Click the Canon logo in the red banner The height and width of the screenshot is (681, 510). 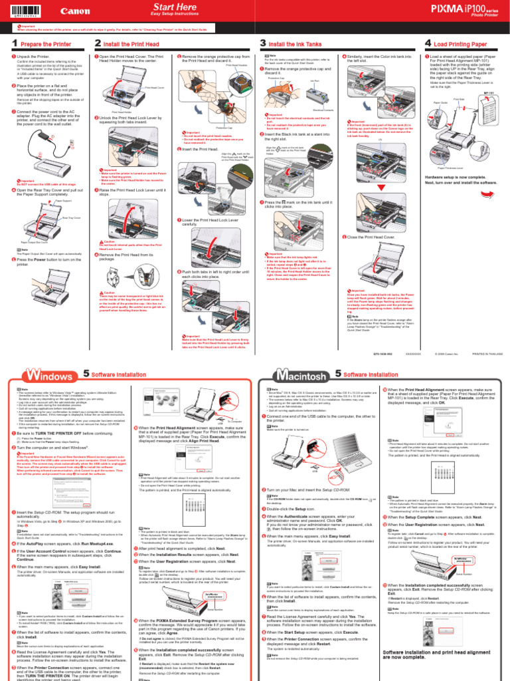pyautogui.click(x=74, y=11)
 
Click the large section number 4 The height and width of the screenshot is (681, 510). pyautogui.click(x=428, y=43)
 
